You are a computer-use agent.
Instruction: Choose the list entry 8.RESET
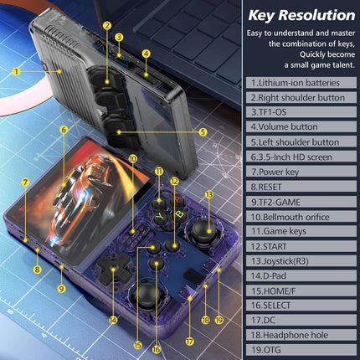[x=273, y=193]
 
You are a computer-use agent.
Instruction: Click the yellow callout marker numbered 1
[x=16, y=72]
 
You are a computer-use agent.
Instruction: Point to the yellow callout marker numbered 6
[x=64, y=130]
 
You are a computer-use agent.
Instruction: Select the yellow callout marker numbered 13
[x=208, y=194]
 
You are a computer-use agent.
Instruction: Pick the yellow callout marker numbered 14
[x=113, y=319]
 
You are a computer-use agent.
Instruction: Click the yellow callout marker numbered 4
[x=146, y=54]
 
